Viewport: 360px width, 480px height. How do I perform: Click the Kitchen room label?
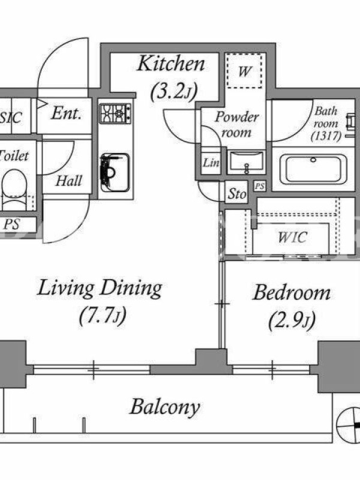point(171,64)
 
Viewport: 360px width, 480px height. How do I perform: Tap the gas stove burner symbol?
point(115,113)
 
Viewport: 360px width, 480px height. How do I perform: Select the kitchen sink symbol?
point(115,172)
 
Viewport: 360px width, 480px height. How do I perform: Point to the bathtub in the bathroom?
point(313,169)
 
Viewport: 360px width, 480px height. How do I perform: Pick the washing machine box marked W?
point(244,71)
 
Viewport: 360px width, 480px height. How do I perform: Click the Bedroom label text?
point(292,292)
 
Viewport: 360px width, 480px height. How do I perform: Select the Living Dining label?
point(100,289)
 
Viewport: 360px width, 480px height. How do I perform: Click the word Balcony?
point(165,408)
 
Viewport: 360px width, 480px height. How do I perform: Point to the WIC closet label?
point(292,237)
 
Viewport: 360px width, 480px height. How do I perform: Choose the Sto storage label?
point(237,193)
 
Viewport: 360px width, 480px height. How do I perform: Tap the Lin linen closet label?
point(211,162)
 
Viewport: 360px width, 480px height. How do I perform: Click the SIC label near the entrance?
point(11,118)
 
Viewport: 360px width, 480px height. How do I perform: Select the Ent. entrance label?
point(67,113)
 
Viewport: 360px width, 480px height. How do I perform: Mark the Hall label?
point(69,181)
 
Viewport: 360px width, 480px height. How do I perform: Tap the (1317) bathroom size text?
point(326,136)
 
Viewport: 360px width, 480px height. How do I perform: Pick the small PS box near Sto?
point(260,186)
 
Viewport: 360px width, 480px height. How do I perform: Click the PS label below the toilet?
point(11,224)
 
